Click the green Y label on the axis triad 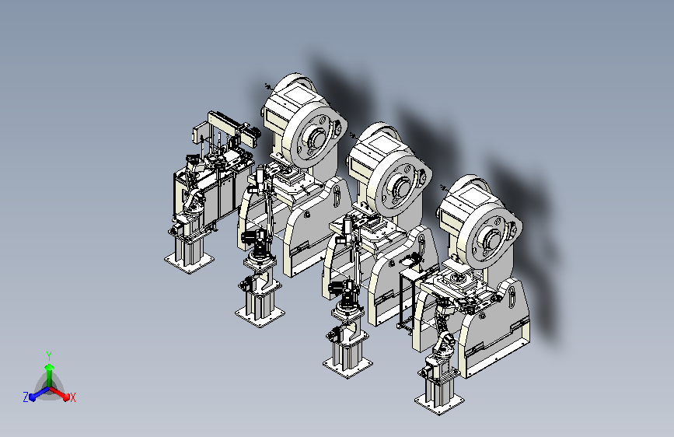pos(49,355)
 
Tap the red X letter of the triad pos(72,397)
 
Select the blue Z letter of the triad pos(26,397)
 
